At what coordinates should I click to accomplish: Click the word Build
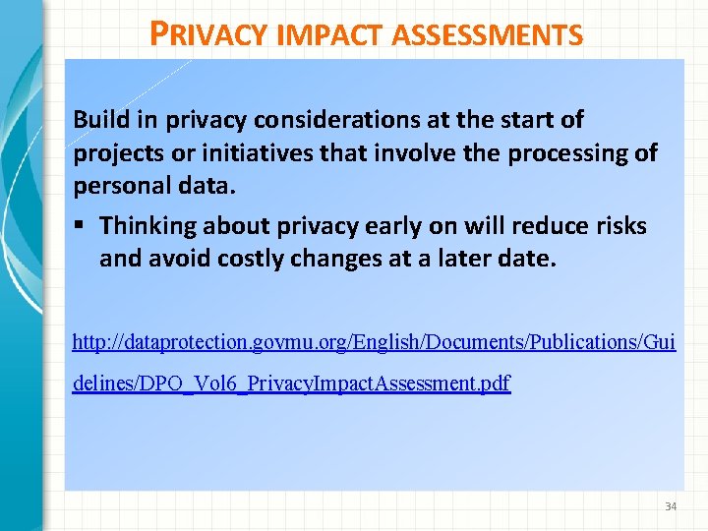(x=101, y=120)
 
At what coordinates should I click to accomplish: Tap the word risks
(x=620, y=226)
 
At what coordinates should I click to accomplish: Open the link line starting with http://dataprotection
(x=374, y=342)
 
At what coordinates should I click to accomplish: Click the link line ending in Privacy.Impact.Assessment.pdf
(x=291, y=383)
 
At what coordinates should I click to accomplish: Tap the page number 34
(x=671, y=506)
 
